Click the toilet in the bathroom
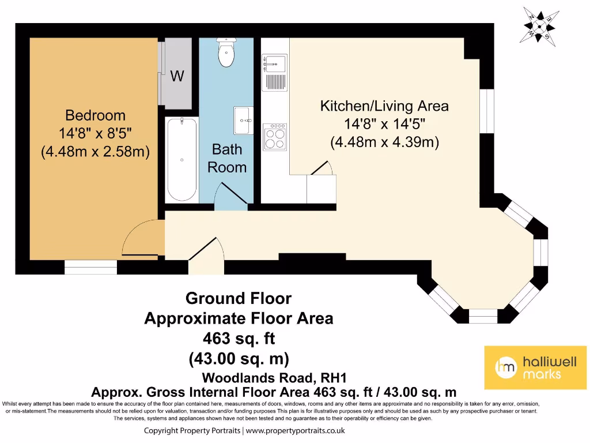click(x=226, y=54)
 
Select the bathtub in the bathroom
click(x=181, y=159)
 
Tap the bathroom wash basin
click(x=243, y=120)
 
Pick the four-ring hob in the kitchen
click(x=274, y=137)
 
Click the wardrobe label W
click(x=177, y=76)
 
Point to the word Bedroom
click(x=95, y=115)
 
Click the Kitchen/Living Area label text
click(x=384, y=106)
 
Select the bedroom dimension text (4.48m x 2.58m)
click(x=95, y=152)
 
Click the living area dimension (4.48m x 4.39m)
click(x=384, y=142)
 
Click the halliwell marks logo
click(x=535, y=367)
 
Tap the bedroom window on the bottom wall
click(x=90, y=267)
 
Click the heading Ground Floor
click(x=238, y=299)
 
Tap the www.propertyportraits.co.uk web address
click(x=296, y=431)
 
